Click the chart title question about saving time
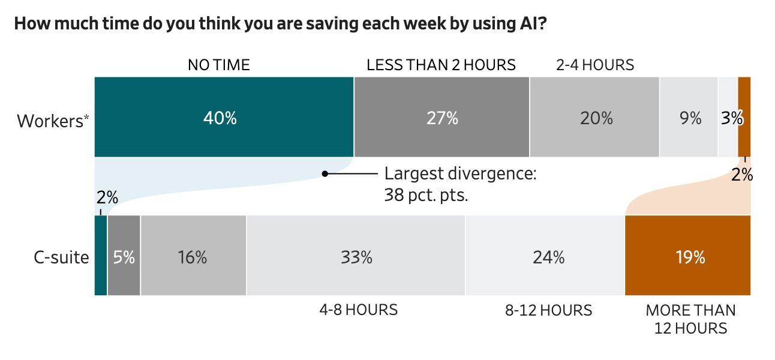(280, 25)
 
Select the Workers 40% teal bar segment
(224, 118)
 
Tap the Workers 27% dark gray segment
(441, 118)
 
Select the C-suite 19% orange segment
(687, 256)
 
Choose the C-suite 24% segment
(545, 256)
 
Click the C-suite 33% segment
(356, 256)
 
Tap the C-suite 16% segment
(193, 256)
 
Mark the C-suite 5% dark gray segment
(124, 256)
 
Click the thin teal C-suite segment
(101, 256)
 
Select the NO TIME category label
(218, 65)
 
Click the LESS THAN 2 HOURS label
(441, 65)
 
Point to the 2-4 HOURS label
(594, 65)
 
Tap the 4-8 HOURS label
(358, 310)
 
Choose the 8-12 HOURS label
(548, 310)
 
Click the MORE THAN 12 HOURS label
(690, 319)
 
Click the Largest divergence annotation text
(459, 184)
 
